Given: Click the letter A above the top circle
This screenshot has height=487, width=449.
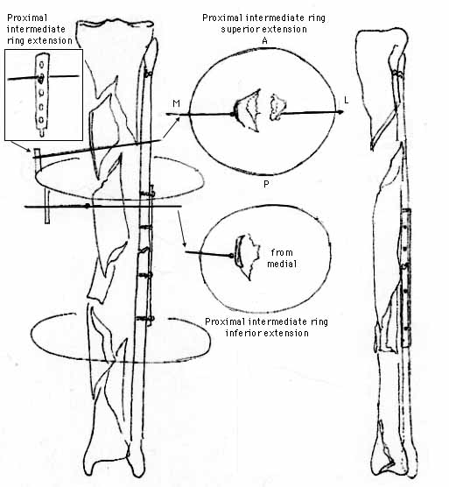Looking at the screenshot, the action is point(264,40).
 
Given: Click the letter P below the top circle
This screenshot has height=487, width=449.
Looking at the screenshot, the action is point(266,184).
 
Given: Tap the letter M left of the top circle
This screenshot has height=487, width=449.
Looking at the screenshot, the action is point(176,103).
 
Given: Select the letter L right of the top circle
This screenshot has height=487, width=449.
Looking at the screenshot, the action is point(347,101).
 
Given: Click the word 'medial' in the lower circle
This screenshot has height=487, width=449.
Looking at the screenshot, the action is point(282,264).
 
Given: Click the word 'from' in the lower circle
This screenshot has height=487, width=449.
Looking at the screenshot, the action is point(282,252).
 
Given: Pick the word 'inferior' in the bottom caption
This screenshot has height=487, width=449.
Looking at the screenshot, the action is point(241,333).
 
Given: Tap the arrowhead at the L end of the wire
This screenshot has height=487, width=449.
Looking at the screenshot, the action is point(340,112).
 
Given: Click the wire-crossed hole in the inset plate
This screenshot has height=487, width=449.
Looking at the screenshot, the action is point(40,78).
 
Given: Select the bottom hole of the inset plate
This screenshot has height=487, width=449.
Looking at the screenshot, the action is point(40,120).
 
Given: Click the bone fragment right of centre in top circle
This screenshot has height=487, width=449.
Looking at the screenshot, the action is point(277,107).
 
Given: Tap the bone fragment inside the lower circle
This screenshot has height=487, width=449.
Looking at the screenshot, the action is point(248,257).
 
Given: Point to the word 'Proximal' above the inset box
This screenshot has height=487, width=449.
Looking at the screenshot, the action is point(27,18).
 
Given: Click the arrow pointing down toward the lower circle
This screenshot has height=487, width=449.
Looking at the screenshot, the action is point(182,229).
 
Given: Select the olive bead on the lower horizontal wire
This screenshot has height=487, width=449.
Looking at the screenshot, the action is point(88,206).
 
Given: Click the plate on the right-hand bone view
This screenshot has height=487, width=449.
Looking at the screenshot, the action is point(406,278).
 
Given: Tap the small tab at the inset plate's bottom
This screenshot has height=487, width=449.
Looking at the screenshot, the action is point(42,132).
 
